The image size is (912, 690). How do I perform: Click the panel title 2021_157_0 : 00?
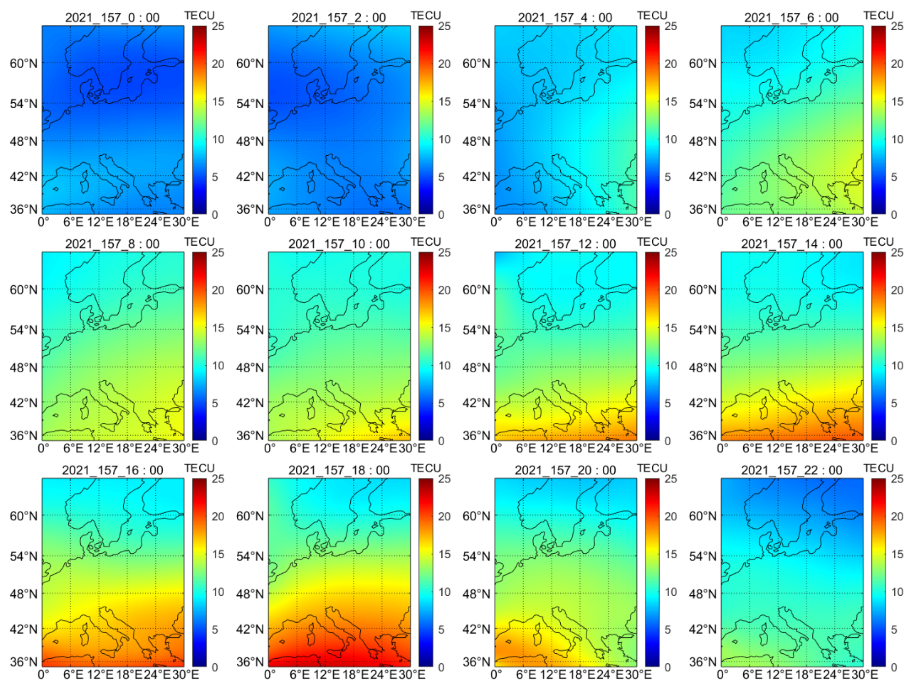112,17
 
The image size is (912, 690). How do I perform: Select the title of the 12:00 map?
565,244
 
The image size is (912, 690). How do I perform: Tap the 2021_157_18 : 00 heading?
339,470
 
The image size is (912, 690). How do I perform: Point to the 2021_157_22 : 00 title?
792,470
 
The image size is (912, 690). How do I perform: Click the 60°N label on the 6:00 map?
703,64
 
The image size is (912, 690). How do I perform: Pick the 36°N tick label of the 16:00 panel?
23,662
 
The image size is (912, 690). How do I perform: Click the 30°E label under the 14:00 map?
865,448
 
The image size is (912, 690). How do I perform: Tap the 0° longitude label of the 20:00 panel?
496,674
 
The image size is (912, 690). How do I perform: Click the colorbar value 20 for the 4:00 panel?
671,64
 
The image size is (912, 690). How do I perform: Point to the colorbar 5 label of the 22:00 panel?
894,629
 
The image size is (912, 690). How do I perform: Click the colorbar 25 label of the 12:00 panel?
671,252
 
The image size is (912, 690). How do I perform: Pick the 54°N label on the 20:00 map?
476,556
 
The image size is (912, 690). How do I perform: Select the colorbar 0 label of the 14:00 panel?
894,441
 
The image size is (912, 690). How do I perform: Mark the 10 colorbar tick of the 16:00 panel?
218,592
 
